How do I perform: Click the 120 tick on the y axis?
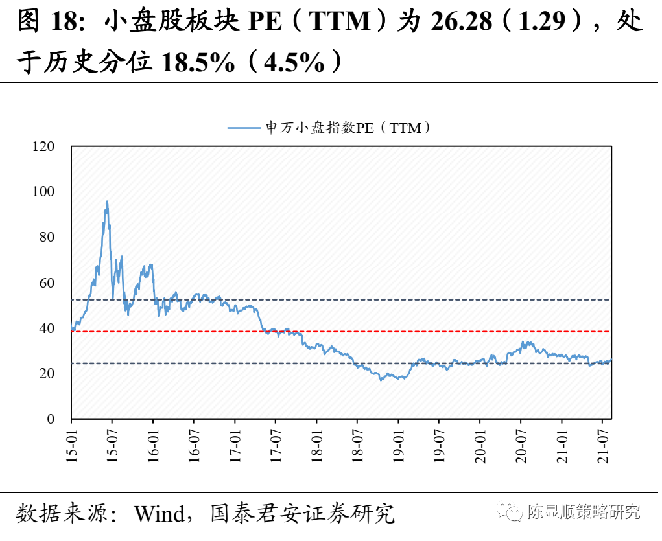click(x=43, y=147)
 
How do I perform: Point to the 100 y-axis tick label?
click(x=43, y=192)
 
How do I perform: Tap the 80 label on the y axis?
click(x=47, y=238)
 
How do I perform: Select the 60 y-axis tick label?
click(x=47, y=283)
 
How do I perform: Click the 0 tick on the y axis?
click(x=50, y=419)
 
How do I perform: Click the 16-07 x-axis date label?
click(x=193, y=444)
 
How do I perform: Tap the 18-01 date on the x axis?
click(x=316, y=444)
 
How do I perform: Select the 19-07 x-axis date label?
click(x=438, y=444)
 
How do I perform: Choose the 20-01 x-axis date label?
click(x=479, y=444)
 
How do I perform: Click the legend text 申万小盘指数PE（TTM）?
click(x=349, y=128)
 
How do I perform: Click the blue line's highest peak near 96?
click(x=107, y=201)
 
